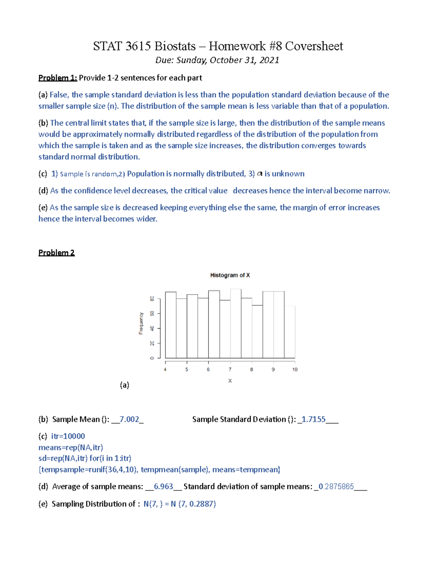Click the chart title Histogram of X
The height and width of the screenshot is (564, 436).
230,275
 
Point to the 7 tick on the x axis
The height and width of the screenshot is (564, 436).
230,369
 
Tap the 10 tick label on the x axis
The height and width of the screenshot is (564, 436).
295,369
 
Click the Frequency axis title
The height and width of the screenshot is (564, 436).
141,323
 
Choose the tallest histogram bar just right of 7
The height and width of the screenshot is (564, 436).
235,323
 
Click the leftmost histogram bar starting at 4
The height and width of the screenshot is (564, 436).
171,325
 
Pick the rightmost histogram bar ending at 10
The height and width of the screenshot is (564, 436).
290,332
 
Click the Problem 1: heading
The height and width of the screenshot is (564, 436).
58,78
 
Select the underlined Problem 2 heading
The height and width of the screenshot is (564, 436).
57,253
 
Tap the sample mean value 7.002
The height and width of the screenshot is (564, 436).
129,419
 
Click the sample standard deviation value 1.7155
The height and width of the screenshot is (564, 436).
314,419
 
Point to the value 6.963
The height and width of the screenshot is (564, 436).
163,487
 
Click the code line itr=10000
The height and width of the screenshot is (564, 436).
68,436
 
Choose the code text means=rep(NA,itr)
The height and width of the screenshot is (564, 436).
71,447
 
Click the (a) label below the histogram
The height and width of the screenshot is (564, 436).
125,385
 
